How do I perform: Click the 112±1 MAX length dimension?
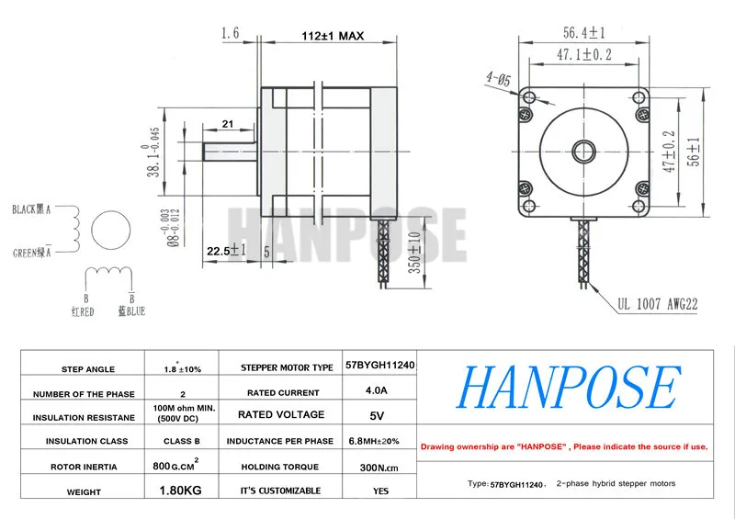coord(333,36)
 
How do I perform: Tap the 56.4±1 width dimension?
coord(584,33)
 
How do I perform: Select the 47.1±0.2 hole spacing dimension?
coord(584,55)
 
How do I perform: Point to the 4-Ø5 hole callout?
coord(498,79)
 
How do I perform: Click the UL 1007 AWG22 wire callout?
coord(658,304)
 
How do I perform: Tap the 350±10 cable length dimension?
coord(415,253)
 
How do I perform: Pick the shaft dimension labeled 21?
coord(227,124)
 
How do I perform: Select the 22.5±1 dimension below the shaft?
coord(226,251)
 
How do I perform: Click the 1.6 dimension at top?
coord(231,33)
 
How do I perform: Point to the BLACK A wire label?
coord(31,209)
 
